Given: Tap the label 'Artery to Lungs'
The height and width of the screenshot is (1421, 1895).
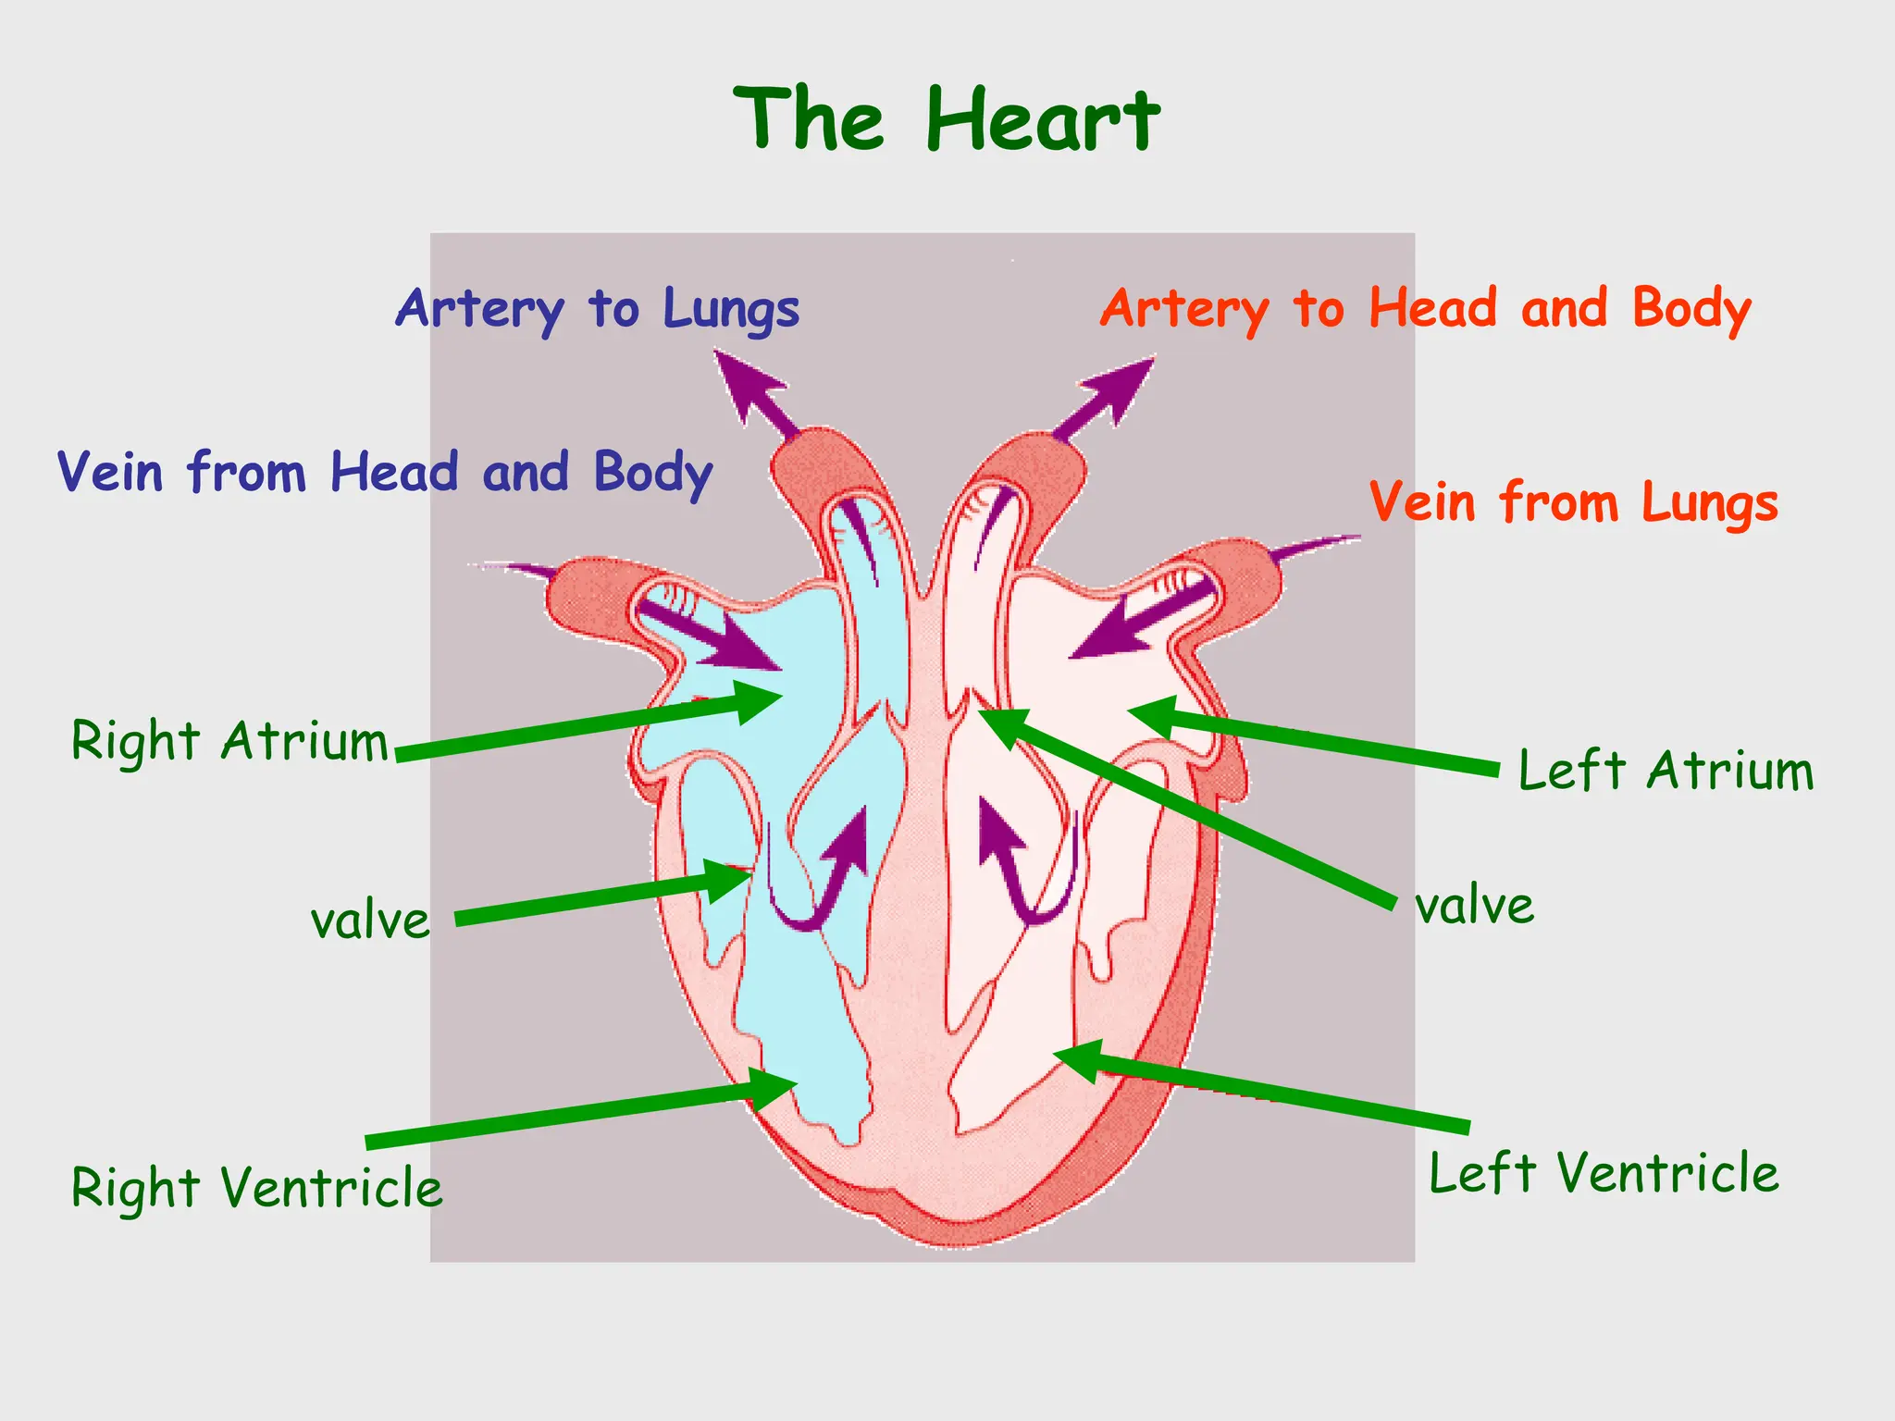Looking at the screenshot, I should pyautogui.click(x=598, y=310).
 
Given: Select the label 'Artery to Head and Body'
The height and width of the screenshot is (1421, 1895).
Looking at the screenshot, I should pyautogui.click(x=1425, y=310).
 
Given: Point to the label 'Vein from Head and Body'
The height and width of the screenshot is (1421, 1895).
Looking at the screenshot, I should pyautogui.click(x=384, y=473).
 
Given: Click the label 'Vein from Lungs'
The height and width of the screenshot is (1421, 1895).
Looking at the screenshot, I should pyautogui.click(x=1573, y=503).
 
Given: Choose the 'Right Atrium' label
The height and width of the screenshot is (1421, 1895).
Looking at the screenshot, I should pyautogui.click(x=229, y=742).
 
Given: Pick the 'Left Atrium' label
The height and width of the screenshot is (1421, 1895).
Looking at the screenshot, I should pyautogui.click(x=1666, y=771).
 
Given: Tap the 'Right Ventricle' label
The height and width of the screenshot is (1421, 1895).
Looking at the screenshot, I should pyautogui.click(x=256, y=1188).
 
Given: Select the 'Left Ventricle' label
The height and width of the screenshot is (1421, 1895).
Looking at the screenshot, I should pyautogui.click(x=1604, y=1174).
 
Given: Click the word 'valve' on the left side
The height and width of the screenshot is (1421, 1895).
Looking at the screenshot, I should pyautogui.click(x=370, y=921).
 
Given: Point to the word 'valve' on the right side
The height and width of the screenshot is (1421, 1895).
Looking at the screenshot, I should pyautogui.click(x=1474, y=906).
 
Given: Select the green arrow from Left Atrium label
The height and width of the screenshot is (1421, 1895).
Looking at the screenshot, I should pyautogui.click(x=1314, y=741).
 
